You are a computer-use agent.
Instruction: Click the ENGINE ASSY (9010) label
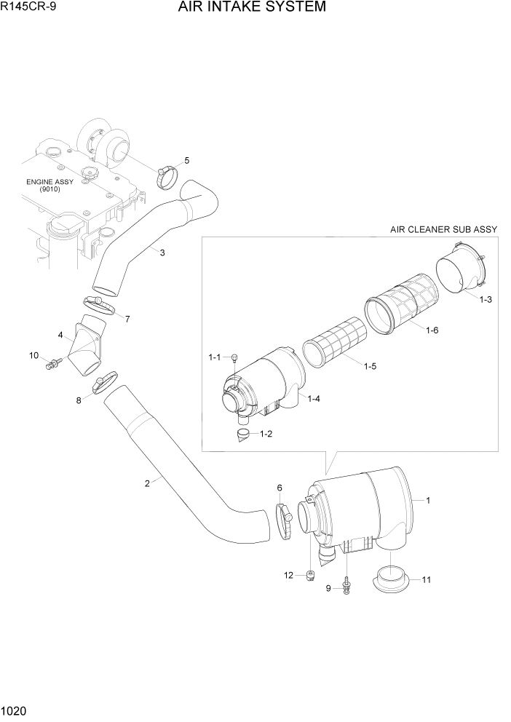click(x=49, y=185)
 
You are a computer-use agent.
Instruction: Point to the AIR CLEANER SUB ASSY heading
click(x=443, y=229)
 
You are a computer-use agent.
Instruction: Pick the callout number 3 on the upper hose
click(x=162, y=253)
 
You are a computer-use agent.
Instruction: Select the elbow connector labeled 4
click(x=87, y=346)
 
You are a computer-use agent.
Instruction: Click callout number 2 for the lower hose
click(x=147, y=483)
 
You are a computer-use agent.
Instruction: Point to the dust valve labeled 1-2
click(x=242, y=435)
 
